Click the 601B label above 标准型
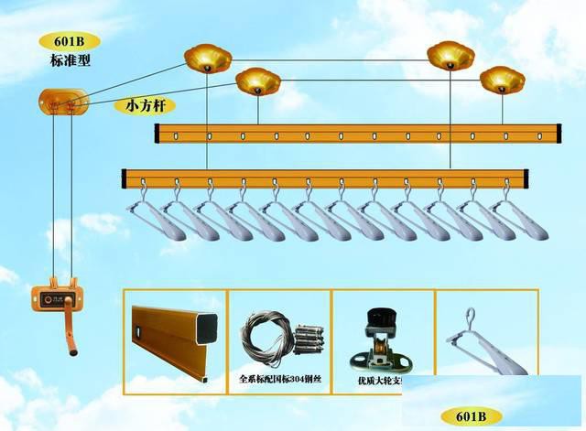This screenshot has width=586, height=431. click(70, 42)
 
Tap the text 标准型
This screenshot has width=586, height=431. click(70, 61)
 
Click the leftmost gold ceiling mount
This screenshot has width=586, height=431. click(207, 59)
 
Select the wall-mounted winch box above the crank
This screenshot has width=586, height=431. click(58, 296)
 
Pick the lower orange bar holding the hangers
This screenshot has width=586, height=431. click(325, 177)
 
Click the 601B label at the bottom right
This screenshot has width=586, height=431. click(471, 416)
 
